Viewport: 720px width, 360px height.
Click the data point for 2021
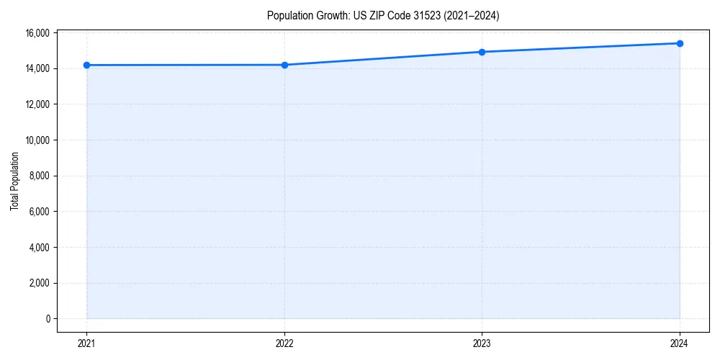coord(86,65)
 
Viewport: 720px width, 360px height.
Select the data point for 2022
coord(284,65)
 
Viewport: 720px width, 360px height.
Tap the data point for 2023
coord(482,52)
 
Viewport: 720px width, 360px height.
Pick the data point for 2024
coord(680,43)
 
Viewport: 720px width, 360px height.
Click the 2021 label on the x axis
coord(86,343)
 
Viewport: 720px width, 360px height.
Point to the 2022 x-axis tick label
coord(284,343)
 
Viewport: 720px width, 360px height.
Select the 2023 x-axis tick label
coord(482,343)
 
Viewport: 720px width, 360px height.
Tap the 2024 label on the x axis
coord(680,343)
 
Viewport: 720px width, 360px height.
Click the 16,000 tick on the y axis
coord(37,33)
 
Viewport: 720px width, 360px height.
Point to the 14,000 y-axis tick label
coord(37,68)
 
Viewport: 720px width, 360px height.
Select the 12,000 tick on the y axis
coord(37,104)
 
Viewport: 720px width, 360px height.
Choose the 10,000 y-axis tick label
coord(37,140)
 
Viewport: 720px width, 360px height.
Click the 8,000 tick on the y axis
coord(39,176)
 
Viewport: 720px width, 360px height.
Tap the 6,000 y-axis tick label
coord(39,212)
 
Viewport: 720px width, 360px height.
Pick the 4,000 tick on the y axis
coord(39,247)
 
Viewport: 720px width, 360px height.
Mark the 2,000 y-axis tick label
coord(39,283)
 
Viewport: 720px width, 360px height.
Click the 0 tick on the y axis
coord(47,318)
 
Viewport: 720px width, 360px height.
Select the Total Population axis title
coord(14,181)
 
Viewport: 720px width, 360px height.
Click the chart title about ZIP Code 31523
coord(383,15)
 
